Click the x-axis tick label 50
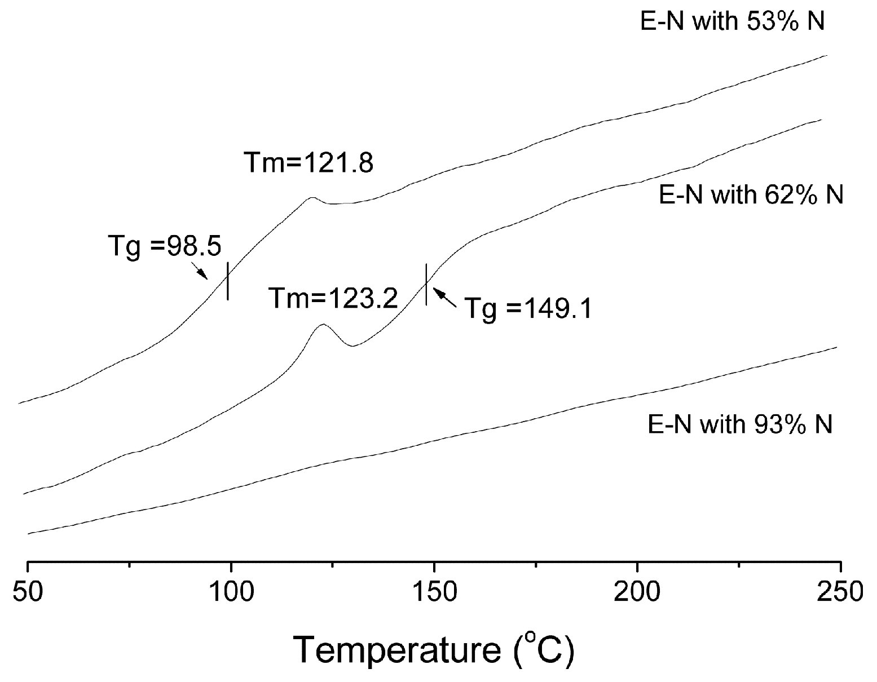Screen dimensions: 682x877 pyautogui.click(x=27, y=594)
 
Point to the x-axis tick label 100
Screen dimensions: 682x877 pyautogui.click(x=230, y=594)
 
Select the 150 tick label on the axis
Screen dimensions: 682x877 pyautogui.click(x=434, y=594)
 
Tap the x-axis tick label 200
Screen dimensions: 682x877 pyautogui.click(x=637, y=594)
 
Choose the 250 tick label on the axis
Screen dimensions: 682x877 pyautogui.click(x=840, y=594)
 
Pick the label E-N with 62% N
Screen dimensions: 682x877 pyautogui.click(x=751, y=194)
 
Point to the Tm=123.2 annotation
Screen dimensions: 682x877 pyautogui.click(x=333, y=298)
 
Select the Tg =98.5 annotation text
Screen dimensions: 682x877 pyautogui.click(x=164, y=247)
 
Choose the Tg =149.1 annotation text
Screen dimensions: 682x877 pyautogui.click(x=528, y=308)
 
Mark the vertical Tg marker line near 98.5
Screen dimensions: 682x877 pyautogui.click(x=227, y=281)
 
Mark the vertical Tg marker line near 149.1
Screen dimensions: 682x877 pyautogui.click(x=426, y=284)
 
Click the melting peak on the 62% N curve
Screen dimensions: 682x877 pyautogui.click(x=323, y=325)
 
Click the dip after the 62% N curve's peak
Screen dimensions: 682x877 pyautogui.click(x=352, y=346)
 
